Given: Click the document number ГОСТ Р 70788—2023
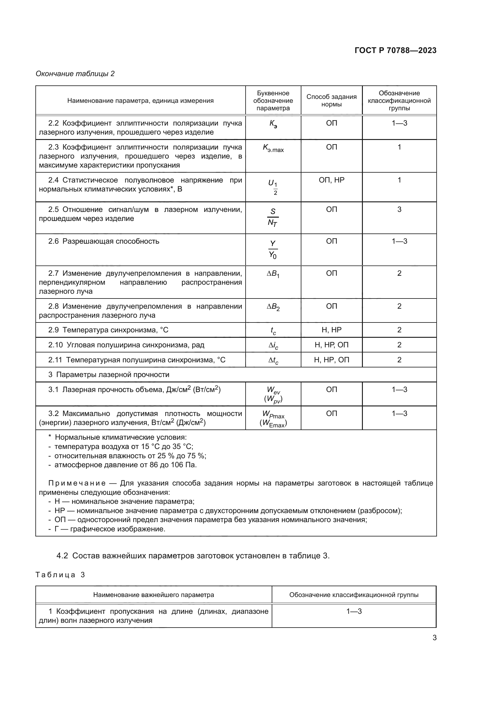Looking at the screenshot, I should (395, 50).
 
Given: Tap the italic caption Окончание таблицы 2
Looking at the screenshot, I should (75, 74).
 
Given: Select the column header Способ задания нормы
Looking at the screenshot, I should (331, 100).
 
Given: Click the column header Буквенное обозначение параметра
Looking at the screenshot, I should (273, 100).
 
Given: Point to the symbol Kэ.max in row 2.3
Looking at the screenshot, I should (273, 148).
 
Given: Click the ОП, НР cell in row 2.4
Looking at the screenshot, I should (331, 180).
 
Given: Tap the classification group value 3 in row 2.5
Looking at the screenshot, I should (399, 209).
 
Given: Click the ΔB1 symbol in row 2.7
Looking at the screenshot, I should (273, 274).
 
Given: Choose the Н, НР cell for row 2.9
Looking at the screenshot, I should (331, 330).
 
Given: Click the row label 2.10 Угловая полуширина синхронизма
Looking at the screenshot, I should (126, 345).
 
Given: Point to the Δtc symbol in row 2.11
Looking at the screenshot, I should (273, 361).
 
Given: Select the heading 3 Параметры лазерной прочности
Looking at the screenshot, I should (109, 375).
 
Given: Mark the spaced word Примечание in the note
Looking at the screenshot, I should (77, 483).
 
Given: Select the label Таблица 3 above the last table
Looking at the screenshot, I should (60, 575).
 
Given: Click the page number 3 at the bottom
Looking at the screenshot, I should (434, 638).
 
